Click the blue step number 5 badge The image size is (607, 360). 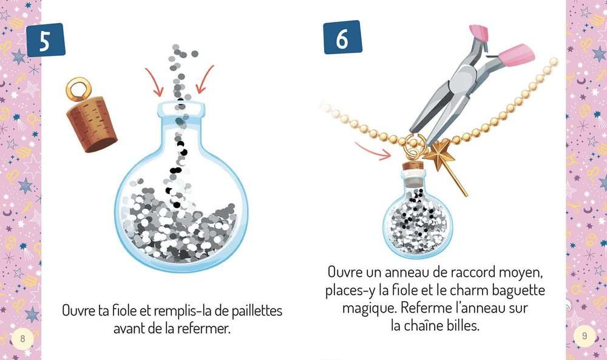click(46, 40)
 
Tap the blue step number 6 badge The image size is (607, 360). click(342, 37)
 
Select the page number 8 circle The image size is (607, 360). click(22, 339)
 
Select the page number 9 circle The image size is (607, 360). click(585, 336)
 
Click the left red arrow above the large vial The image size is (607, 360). click(154, 82)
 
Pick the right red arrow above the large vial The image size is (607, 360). click(205, 80)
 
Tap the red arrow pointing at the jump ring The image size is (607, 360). click(373, 151)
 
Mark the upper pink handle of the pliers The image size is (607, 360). click(479, 33)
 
